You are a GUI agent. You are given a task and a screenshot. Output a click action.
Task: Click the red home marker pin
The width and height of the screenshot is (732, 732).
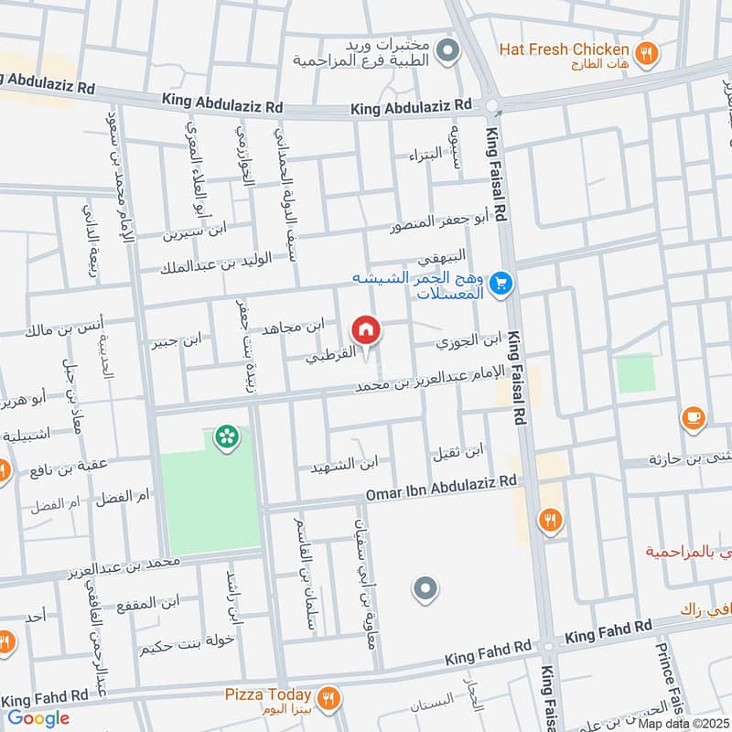coord(365,329)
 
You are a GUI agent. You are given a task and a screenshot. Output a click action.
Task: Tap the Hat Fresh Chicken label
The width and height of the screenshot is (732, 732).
coord(564,49)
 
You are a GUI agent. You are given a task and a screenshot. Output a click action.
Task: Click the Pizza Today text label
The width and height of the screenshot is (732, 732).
coord(268,695)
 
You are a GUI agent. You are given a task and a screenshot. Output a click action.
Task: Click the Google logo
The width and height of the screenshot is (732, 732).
coord(38,718)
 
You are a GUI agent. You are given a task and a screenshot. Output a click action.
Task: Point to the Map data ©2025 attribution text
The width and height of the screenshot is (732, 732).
coord(684,724)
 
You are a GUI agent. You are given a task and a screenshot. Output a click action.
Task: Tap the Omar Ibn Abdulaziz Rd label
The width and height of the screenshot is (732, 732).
coord(441,487)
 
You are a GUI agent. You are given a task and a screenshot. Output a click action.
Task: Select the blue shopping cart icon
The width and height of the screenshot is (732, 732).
coord(500,285)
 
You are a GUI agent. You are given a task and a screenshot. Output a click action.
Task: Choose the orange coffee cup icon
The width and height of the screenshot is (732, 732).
coord(694,420)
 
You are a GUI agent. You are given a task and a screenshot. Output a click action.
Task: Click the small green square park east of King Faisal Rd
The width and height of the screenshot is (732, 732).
coord(635,373)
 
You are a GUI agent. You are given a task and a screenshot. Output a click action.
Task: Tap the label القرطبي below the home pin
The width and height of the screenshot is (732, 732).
coord(334,358)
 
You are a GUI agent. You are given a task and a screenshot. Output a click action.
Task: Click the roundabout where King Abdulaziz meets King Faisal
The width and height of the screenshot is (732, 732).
coord(494,106)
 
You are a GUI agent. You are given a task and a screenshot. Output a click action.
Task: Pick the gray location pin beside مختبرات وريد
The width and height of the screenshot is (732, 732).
coord(447,52)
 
